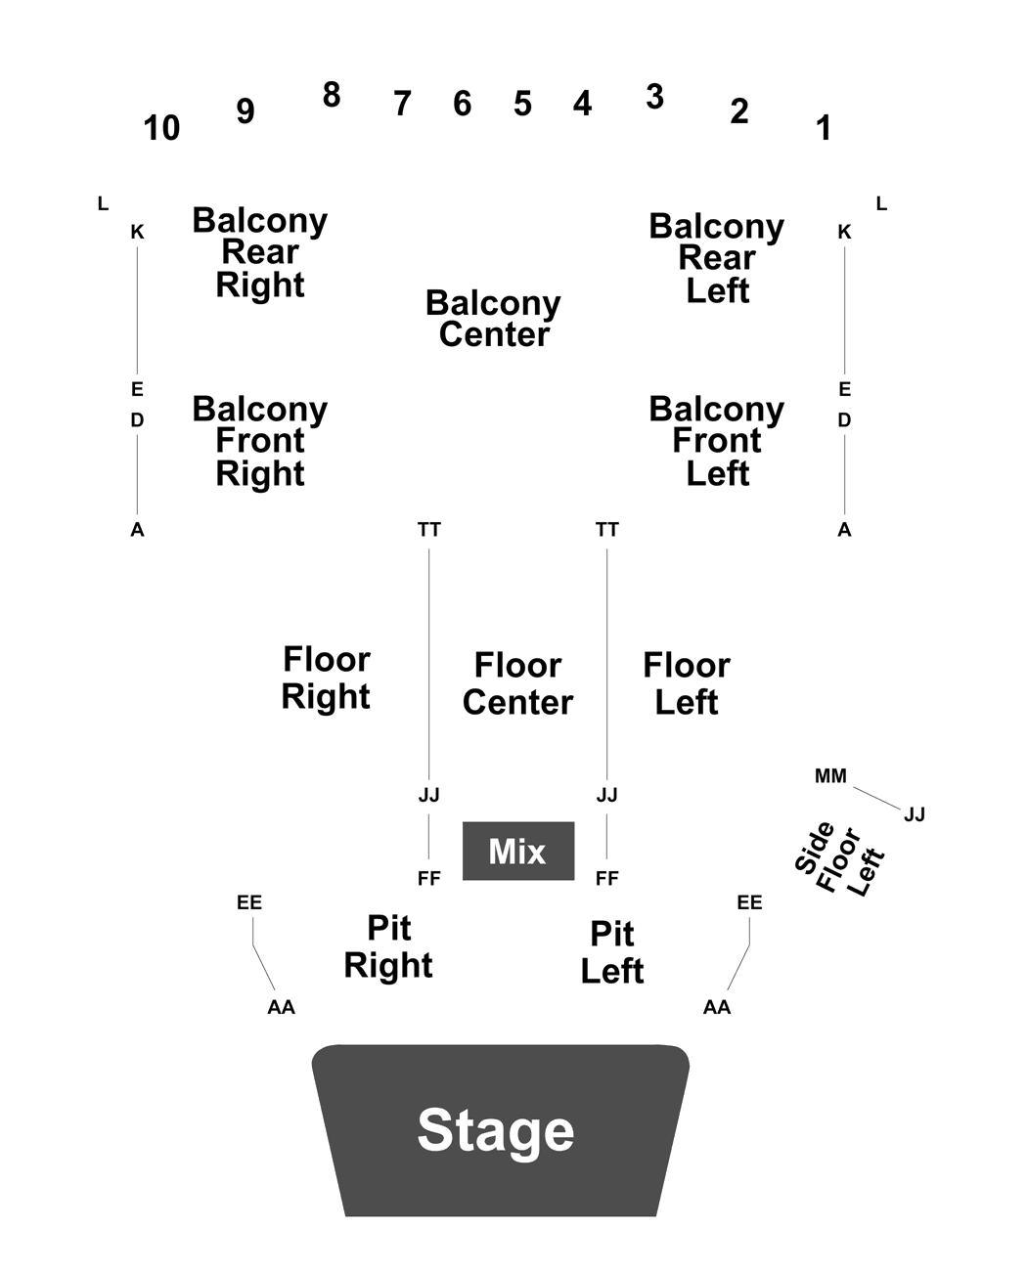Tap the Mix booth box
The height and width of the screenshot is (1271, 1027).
click(x=518, y=851)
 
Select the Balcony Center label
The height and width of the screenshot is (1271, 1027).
click(x=494, y=318)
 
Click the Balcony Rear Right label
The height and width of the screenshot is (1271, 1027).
click(x=259, y=252)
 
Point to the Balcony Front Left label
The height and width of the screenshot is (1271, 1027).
click(x=717, y=441)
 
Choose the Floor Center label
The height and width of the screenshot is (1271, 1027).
click(x=518, y=683)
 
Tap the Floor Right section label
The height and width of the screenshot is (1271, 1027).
click(x=326, y=678)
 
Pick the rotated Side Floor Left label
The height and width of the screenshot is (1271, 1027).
click(x=839, y=858)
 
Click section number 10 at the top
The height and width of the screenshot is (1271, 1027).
click(x=161, y=128)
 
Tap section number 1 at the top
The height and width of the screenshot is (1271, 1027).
click(x=825, y=128)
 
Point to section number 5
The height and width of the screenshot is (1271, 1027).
click(x=522, y=104)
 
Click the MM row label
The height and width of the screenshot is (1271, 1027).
click(x=830, y=775)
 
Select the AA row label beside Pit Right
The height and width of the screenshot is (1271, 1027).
click(x=281, y=1007)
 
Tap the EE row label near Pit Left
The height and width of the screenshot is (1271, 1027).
click(x=749, y=902)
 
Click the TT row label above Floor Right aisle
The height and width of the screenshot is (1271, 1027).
click(x=429, y=529)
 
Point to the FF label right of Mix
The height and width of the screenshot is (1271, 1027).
click(x=606, y=878)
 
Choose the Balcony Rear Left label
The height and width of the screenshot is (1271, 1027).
click(x=717, y=258)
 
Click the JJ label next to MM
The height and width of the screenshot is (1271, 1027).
click(x=915, y=813)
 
